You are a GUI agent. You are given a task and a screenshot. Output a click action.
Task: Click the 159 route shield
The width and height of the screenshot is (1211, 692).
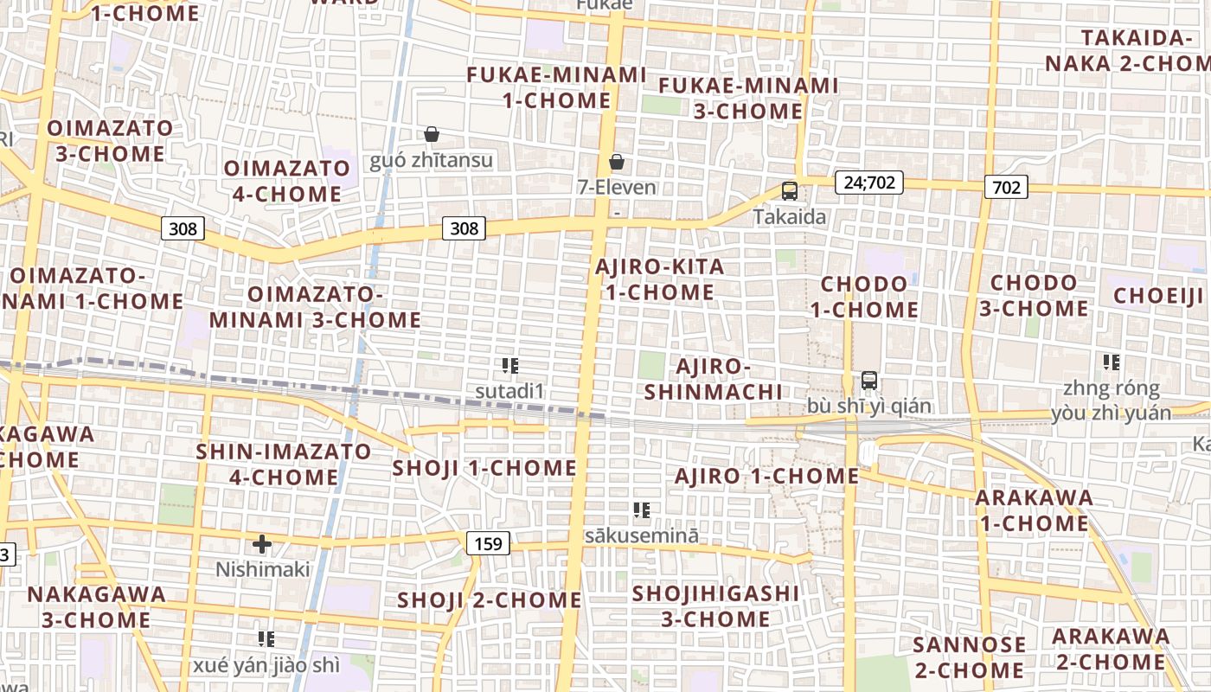[488, 543]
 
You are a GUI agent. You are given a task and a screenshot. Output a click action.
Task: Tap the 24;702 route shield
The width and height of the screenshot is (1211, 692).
[869, 183]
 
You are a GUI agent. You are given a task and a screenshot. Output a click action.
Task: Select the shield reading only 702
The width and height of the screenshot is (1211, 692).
[1006, 187]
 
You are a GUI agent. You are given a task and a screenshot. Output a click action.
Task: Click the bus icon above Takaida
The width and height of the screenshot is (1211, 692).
[789, 191]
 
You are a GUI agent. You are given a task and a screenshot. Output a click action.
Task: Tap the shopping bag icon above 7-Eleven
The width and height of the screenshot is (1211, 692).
[617, 162]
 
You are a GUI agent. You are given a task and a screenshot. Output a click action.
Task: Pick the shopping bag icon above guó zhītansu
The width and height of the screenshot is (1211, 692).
[431, 134]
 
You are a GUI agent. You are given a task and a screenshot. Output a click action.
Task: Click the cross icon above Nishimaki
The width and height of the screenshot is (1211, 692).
[261, 544]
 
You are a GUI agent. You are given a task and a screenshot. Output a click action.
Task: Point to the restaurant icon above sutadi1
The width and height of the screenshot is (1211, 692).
[509, 366]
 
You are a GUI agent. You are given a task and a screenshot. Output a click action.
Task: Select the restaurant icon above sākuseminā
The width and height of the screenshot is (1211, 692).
[641, 510]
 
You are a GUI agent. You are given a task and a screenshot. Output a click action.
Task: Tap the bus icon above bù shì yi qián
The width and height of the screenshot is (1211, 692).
[869, 381]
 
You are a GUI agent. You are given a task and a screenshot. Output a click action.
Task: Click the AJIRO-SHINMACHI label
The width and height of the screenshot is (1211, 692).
[714, 379]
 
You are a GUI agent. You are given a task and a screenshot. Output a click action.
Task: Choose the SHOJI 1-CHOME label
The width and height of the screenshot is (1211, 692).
[484, 468]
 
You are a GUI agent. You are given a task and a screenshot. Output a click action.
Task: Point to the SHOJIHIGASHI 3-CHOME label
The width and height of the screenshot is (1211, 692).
[715, 605]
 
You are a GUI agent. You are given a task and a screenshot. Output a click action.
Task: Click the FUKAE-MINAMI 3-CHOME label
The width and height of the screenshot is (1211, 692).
[748, 99]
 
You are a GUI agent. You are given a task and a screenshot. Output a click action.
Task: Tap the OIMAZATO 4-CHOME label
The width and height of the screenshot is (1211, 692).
[287, 181]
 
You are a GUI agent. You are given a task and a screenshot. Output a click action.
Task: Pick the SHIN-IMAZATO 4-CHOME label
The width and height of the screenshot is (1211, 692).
[284, 465]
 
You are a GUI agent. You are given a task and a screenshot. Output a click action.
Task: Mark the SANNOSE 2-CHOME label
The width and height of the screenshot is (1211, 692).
[969, 657]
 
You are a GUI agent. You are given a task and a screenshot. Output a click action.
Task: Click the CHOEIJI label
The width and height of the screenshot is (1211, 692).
[1158, 296]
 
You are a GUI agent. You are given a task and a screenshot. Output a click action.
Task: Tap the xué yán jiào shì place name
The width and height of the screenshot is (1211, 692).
[266, 666]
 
